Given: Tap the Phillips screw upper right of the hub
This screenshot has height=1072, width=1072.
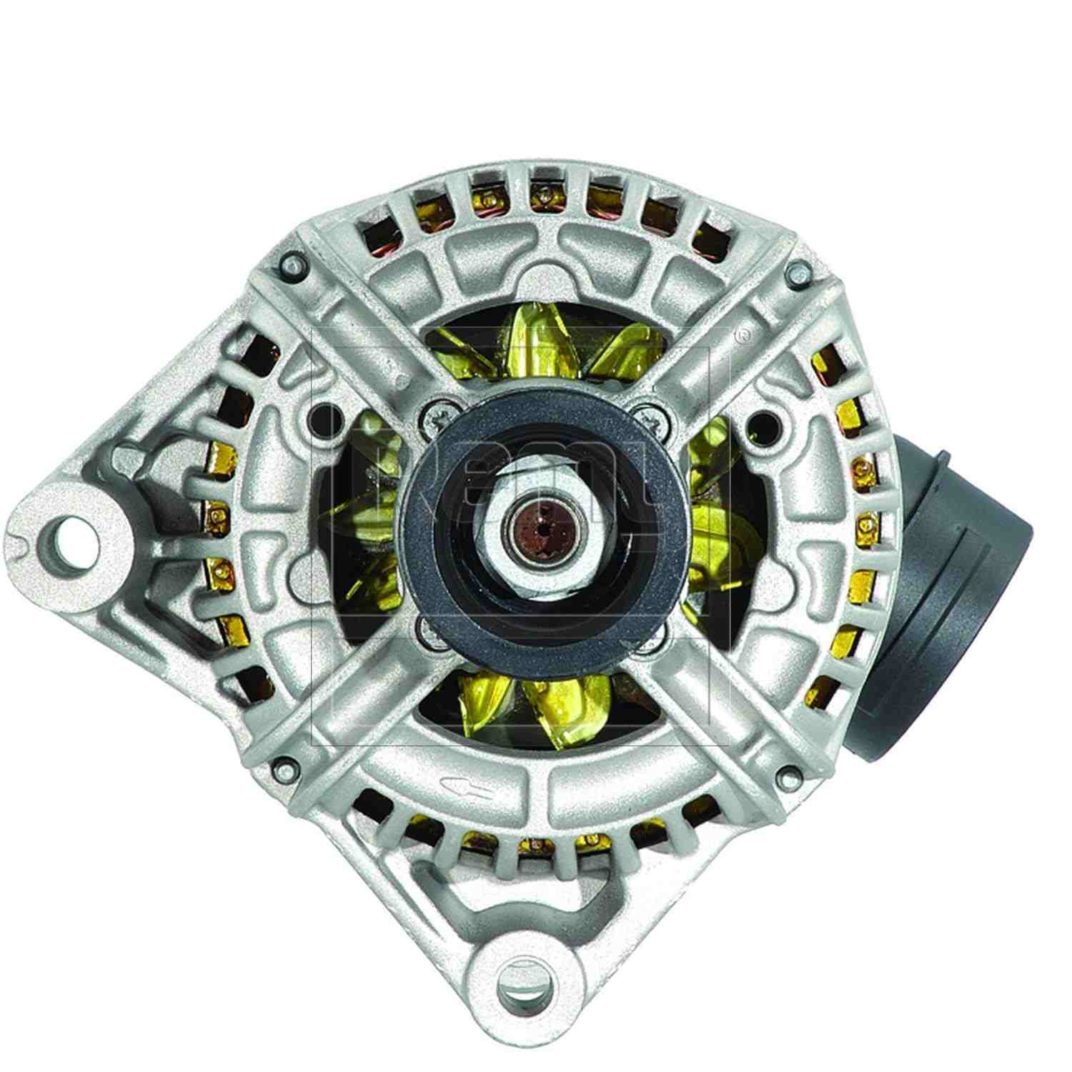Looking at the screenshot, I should coord(652,416).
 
